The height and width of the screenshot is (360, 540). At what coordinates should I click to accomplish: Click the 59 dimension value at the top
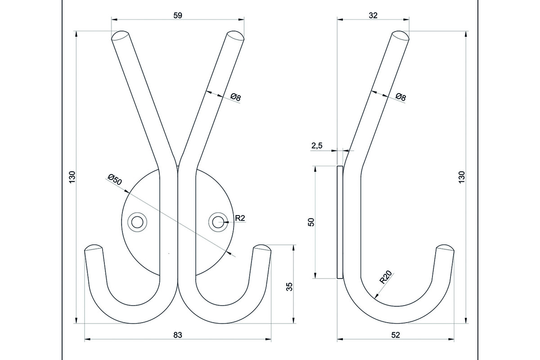click(177, 15)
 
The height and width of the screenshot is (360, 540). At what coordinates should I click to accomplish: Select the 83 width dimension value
click(177, 334)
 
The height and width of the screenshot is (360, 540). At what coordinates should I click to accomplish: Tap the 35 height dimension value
click(289, 287)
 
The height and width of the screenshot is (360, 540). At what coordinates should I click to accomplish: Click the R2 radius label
click(240, 218)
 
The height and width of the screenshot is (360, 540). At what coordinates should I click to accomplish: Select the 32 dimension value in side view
click(373, 15)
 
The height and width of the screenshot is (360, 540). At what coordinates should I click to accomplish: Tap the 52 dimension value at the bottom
click(396, 334)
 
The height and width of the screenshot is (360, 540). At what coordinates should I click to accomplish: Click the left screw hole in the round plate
click(136, 221)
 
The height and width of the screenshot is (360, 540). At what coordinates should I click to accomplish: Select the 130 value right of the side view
click(462, 177)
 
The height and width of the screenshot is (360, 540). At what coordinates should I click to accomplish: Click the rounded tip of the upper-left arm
click(120, 36)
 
